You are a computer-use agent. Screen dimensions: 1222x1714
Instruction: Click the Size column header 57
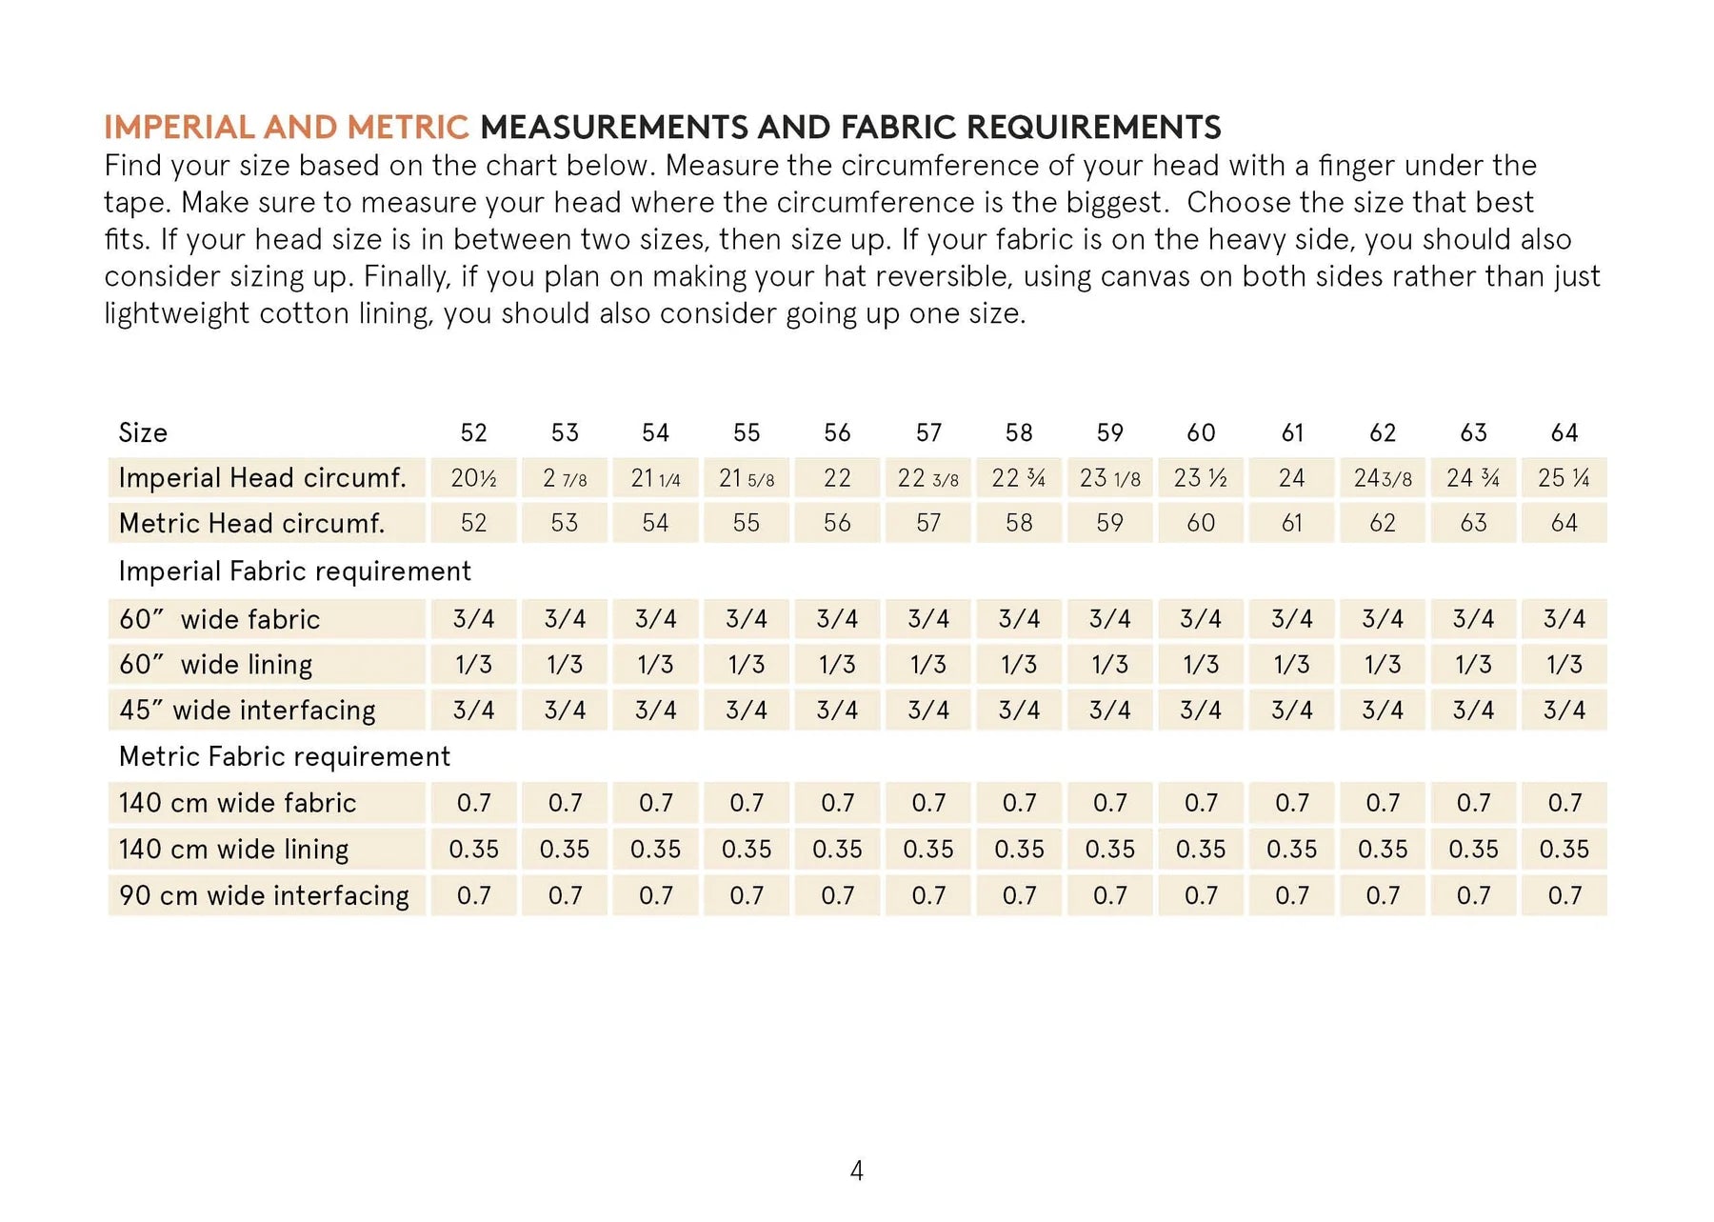tap(928, 433)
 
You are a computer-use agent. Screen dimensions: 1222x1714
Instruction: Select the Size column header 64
tap(1565, 433)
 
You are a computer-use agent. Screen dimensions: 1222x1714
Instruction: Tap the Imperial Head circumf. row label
tap(262, 478)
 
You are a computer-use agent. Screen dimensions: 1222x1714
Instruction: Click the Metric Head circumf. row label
tap(251, 524)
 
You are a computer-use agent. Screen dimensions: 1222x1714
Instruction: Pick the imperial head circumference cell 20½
tap(473, 478)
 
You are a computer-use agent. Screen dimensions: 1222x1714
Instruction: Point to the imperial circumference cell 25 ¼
tap(1565, 478)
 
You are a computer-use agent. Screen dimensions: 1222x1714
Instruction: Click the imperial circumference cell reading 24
tap(1291, 478)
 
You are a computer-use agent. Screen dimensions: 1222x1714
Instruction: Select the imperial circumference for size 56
tap(837, 478)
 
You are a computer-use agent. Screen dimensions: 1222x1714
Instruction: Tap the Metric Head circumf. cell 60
tap(1201, 524)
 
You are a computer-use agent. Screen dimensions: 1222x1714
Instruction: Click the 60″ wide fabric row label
tap(219, 620)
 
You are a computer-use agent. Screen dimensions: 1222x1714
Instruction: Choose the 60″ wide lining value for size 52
tap(473, 665)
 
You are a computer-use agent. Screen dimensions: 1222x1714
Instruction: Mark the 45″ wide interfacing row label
tap(247, 711)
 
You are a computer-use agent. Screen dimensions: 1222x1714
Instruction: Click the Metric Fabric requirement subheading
tap(284, 757)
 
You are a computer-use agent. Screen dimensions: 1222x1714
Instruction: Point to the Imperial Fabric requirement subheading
tap(294, 571)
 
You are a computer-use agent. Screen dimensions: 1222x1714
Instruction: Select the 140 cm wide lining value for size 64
tap(1565, 850)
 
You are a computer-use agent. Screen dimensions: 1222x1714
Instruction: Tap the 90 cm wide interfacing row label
tap(264, 896)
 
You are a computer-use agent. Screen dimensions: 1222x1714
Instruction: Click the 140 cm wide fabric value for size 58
tap(1019, 804)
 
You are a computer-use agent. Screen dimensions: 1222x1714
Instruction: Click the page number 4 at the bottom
tap(856, 1171)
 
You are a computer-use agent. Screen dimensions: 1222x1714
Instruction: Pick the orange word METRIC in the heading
tap(408, 128)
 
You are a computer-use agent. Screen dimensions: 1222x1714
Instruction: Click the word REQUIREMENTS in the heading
tap(1093, 128)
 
